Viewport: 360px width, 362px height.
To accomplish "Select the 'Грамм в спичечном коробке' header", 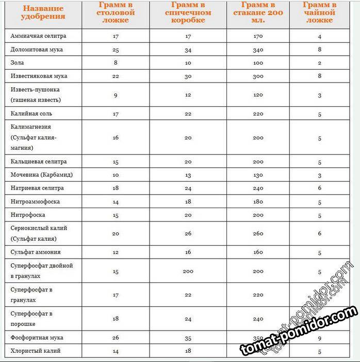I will coord(187,12).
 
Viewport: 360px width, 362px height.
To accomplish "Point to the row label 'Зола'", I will coord(17,62).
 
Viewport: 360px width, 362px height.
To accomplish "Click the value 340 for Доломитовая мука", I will coord(258,50).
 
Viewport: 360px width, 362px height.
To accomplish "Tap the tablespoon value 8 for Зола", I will coord(116,62).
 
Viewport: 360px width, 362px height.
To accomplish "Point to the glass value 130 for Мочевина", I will coord(258,175).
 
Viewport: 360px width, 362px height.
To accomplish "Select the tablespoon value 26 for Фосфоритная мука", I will coord(116,337).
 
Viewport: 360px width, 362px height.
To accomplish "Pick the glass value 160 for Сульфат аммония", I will coord(258,252).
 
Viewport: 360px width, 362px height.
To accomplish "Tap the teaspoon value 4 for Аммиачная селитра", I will coord(320,36).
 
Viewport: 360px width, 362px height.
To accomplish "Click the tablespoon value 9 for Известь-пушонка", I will coord(116,95).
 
